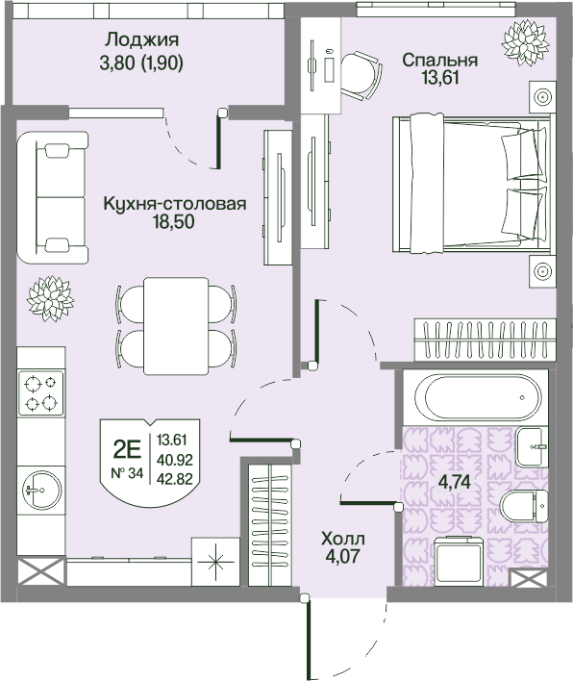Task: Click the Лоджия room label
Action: (x=142, y=40)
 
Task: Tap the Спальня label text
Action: (x=439, y=60)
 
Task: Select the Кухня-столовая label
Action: (x=175, y=204)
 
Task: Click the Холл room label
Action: (x=343, y=539)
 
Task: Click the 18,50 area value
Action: (x=175, y=223)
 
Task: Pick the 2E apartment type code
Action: (x=127, y=447)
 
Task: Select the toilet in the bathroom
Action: (x=524, y=506)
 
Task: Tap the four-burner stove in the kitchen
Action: (x=41, y=392)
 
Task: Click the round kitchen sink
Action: (x=38, y=490)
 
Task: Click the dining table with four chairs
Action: (x=175, y=326)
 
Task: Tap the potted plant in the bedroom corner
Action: (x=526, y=39)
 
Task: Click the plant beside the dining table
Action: (x=50, y=297)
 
